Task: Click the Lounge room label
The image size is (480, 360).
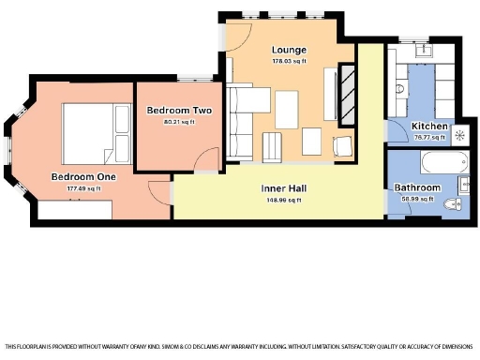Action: (290, 50)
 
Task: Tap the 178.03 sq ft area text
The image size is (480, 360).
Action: (290, 61)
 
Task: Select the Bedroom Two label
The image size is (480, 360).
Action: (179, 111)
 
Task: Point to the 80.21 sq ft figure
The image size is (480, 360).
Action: (179, 122)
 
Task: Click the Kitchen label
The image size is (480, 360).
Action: (429, 127)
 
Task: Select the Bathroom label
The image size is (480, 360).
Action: (417, 187)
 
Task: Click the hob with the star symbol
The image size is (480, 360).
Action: (459, 134)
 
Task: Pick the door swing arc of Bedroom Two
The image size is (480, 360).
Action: (209, 160)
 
